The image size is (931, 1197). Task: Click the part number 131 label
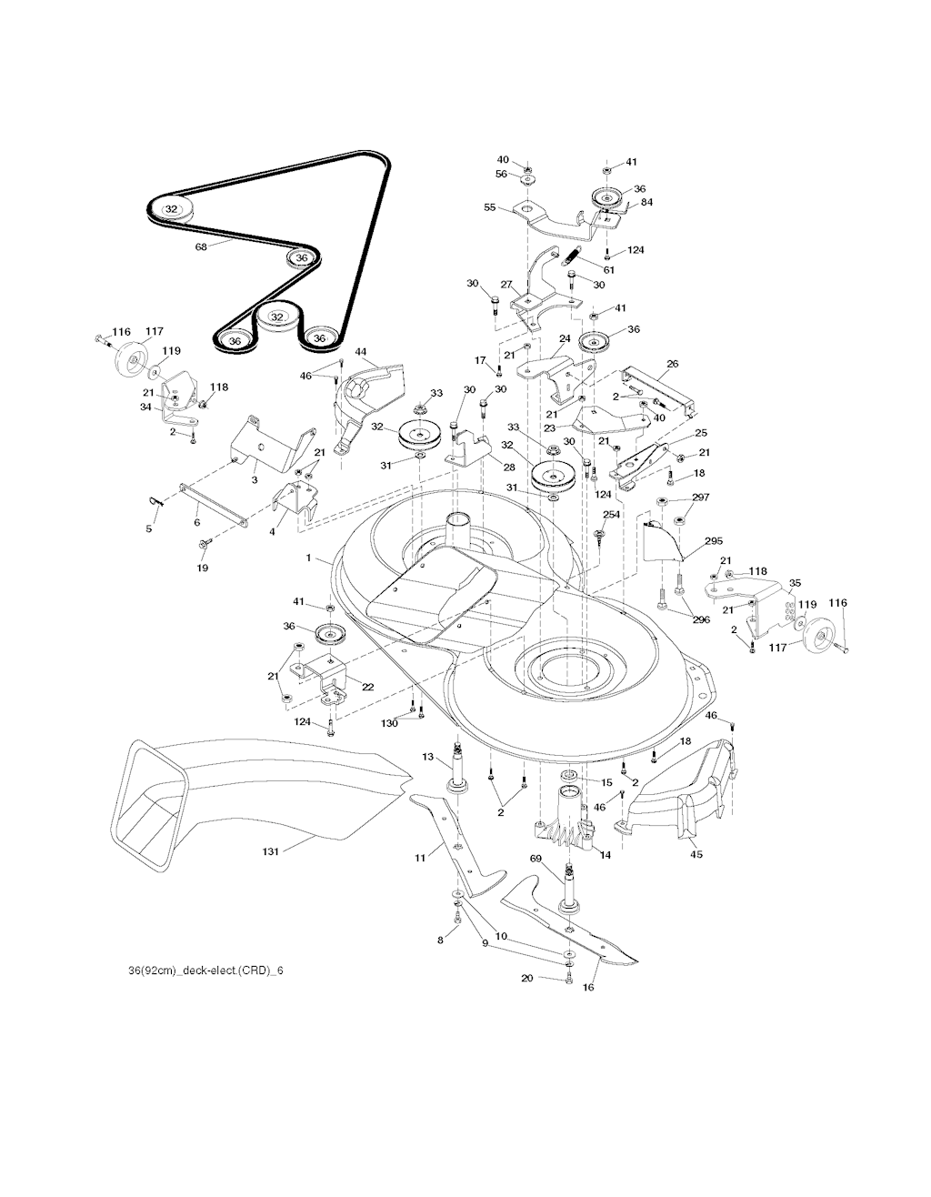(269, 851)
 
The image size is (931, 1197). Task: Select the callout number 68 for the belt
(201, 246)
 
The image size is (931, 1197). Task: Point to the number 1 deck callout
(308, 558)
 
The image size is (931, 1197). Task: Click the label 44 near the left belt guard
(360, 351)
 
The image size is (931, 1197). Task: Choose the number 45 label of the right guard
(697, 854)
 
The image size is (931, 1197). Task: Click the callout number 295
(713, 541)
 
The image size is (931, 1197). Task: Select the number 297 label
(700, 498)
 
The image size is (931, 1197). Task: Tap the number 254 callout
(612, 515)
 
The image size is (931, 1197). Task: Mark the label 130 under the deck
(389, 723)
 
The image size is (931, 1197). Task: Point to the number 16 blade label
(587, 987)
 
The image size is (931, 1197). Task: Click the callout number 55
(490, 207)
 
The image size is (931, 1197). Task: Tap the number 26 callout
(672, 365)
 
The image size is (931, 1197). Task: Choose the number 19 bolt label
(202, 568)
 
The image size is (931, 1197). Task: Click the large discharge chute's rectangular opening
(149, 791)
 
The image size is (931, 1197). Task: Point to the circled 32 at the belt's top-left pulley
(171, 208)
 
